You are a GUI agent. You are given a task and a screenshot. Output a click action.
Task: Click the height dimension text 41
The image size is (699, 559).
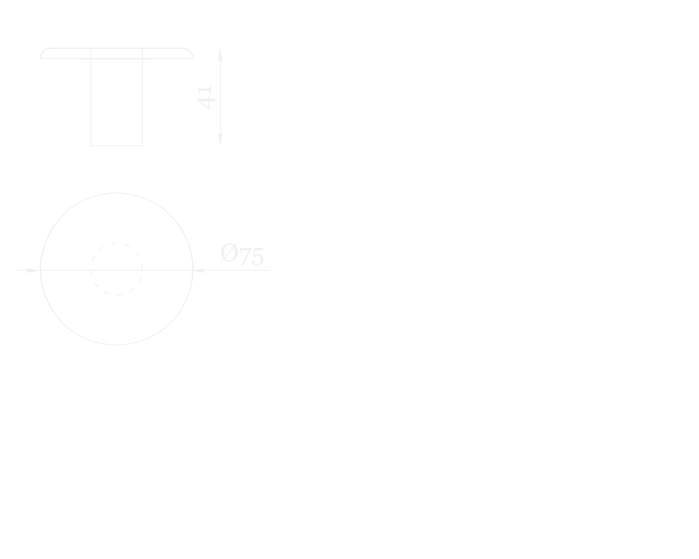[206, 97]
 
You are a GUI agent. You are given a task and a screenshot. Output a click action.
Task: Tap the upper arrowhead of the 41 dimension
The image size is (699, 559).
[220, 55]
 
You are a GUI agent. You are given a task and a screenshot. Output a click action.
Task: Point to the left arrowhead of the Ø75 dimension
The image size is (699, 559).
[33, 270]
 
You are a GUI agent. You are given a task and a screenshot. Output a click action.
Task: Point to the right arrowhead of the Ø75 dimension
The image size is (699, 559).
[199, 270]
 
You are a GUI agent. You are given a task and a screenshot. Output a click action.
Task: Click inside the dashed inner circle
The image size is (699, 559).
[117, 262]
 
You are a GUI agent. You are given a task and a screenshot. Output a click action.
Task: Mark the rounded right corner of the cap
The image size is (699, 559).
[190, 52]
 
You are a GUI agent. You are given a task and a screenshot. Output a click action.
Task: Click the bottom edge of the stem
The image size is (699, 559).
[117, 145]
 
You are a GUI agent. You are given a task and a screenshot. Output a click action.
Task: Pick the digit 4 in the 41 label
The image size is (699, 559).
[206, 103]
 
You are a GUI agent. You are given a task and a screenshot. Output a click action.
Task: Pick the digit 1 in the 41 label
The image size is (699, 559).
[206, 91]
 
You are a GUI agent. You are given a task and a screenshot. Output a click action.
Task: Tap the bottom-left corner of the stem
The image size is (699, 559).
[91, 145]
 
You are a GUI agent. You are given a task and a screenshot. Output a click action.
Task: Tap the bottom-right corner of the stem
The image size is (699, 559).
[142, 145]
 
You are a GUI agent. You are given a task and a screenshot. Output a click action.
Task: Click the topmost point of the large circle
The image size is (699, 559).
[117, 193]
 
